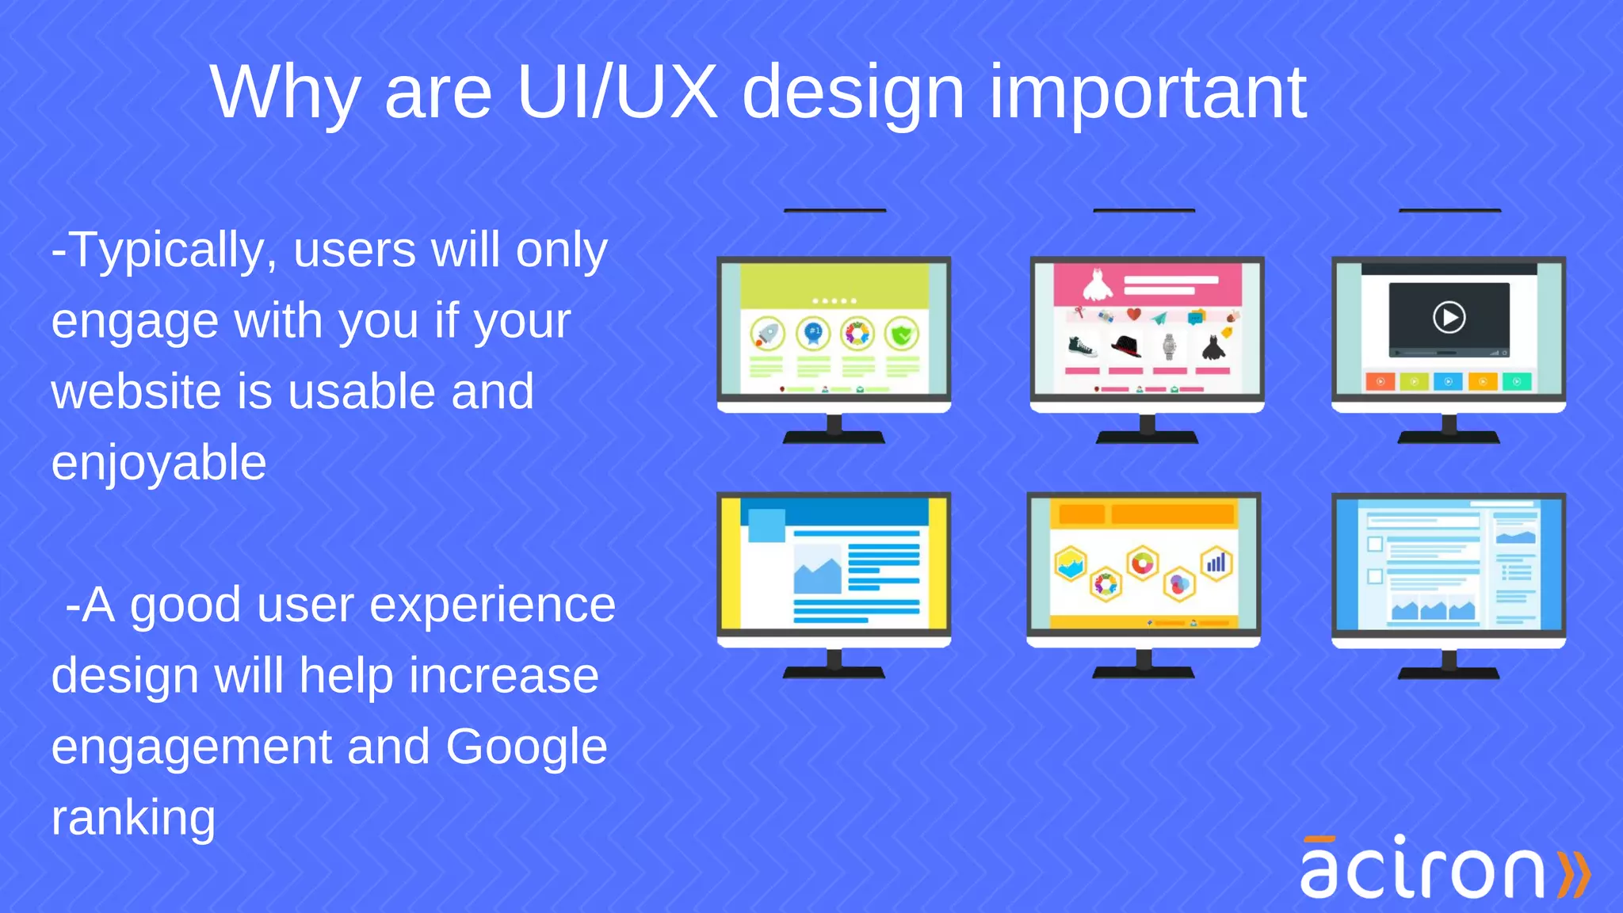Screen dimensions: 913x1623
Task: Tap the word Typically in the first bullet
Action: (x=174, y=250)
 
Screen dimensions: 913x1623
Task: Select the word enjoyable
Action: (x=158, y=464)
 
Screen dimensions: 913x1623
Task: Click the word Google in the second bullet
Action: (x=526, y=747)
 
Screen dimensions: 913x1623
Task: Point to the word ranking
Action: (x=133, y=818)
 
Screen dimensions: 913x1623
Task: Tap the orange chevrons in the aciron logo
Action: (x=1574, y=874)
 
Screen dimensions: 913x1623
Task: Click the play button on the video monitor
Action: (x=1449, y=318)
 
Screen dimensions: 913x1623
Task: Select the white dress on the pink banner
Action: (x=1098, y=285)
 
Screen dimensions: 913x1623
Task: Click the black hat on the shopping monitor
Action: (x=1125, y=346)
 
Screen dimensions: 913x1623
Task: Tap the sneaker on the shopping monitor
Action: (x=1082, y=347)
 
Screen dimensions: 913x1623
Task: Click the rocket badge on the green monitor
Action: (x=767, y=334)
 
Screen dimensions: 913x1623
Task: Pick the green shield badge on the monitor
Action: (x=902, y=334)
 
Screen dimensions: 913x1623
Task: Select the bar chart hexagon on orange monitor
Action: (x=1216, y=563)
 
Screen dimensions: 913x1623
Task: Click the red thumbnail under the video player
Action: (x=1380, y=382)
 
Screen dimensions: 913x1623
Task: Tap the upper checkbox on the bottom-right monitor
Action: (x=1375, y=544)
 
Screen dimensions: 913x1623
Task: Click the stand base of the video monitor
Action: (x=1449, y=437)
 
